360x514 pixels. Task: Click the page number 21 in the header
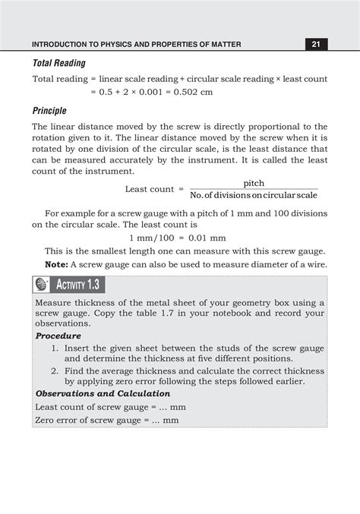click(x=316, y=44)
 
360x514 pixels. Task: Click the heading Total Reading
click(x=58, y=63)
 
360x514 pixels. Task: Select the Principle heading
click(x=49, y=111)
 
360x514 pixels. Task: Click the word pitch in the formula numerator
click(x=254, y=184)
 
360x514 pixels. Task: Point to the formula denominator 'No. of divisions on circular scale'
click(x=254, y=195)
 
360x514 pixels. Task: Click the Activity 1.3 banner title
click(x=80, y=285)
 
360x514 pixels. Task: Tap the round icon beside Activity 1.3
click(x=42, y=285)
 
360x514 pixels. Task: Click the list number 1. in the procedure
click(x=55, y=347)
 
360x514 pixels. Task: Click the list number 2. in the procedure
click(x=55, y=371)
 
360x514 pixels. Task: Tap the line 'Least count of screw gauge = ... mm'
click(x=110, y=407)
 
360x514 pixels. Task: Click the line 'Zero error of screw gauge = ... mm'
click(x=107, y=420)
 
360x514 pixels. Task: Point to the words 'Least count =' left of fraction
click(x=154, y=189)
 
